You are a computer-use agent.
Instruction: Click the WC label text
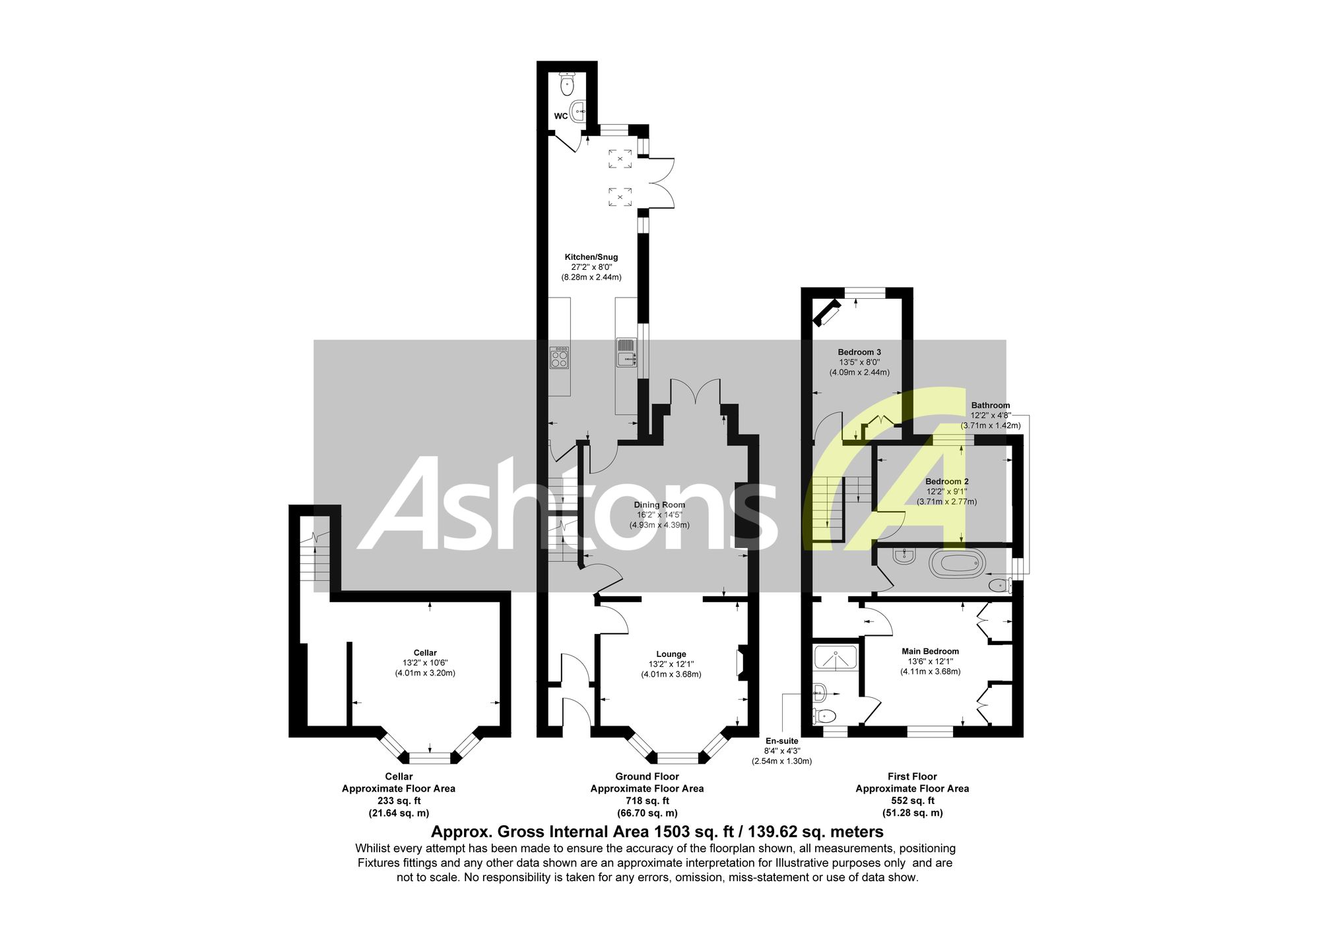560,116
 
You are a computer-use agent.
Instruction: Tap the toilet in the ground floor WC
567,84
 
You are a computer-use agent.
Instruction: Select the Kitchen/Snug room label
591,257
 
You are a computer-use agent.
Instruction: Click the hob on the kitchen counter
560,357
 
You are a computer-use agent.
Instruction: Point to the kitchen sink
626,352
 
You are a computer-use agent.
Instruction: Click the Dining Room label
659,505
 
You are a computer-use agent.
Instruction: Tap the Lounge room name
671,654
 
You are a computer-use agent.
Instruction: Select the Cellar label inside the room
425,653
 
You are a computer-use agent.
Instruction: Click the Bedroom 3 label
859,352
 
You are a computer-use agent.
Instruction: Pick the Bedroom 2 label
947,482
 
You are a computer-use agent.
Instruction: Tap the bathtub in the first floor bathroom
957,564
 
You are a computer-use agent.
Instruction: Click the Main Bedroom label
931,651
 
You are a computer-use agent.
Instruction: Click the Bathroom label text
990,406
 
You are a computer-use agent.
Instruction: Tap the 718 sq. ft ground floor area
647,801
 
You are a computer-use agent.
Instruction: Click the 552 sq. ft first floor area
913,801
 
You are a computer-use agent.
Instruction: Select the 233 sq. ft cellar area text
399,801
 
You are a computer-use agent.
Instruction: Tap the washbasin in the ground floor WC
579,111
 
